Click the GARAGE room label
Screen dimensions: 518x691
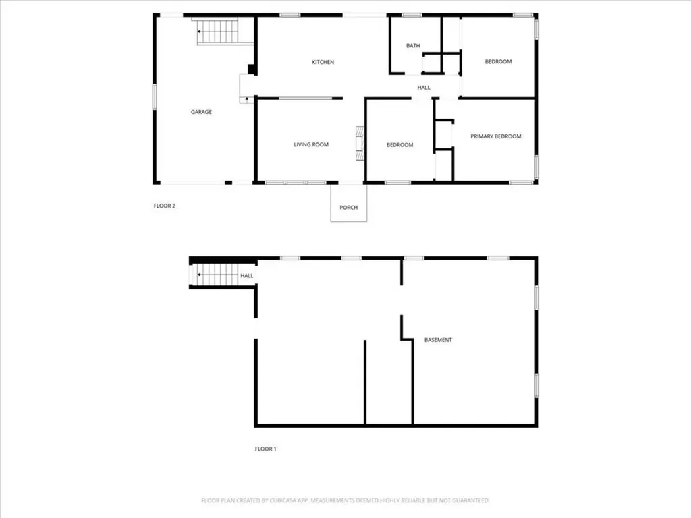[201, 112]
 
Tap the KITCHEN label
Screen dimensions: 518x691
[323, 63]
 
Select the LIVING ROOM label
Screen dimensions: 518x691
[311, 144]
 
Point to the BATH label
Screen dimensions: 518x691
[413, 46]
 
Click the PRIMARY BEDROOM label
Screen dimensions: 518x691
[496, 136]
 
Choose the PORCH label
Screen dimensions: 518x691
[348, 208]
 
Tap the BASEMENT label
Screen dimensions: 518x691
[438, 340]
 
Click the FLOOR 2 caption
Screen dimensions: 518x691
[165, 206]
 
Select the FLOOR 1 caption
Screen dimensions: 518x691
[265, 449]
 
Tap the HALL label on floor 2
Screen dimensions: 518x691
[424, 88]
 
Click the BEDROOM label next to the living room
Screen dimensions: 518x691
[399, 145]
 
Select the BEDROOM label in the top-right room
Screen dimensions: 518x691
[498, 62]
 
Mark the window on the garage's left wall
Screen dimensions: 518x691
[155, 95]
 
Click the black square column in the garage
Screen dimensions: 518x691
[252, 69]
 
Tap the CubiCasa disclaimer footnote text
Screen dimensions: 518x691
[345, 500]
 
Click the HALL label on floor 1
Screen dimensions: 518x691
[247, 276]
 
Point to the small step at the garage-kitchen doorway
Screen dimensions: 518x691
[246, 88]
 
